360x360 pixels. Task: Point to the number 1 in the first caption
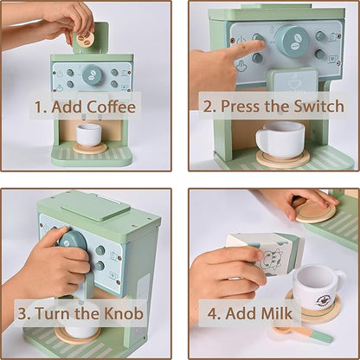[38, 107]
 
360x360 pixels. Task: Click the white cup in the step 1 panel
[88, 134]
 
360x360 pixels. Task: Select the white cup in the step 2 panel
[280, 138]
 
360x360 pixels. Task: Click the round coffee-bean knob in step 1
[92, 75]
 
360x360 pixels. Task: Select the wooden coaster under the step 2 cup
[282, 159]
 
